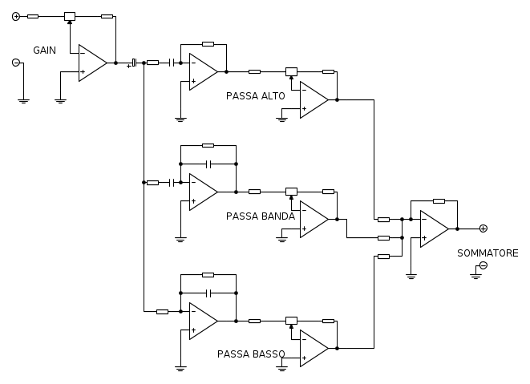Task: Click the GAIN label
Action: point(44,50)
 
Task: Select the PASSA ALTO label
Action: point(256,95)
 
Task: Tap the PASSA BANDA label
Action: point(261,216)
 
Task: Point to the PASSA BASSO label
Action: point(251,354)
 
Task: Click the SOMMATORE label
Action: point(488,253)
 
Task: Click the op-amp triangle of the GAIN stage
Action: point(92,63)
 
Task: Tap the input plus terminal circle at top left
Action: point(16,16)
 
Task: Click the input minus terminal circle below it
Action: point(16,63)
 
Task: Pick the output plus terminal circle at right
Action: point(483,228)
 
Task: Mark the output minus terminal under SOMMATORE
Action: point(483,265)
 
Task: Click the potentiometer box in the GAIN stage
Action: point(70,16)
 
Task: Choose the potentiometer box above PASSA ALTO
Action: point(291,71)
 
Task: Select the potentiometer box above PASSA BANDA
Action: point(291,192)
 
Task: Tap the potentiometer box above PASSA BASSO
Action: point(291,321)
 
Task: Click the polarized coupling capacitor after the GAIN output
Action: point(134,62)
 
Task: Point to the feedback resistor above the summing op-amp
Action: point(439,201)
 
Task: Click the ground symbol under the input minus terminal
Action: point(23,100)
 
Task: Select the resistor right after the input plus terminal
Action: point(32,16)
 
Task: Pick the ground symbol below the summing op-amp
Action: point(411,275)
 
